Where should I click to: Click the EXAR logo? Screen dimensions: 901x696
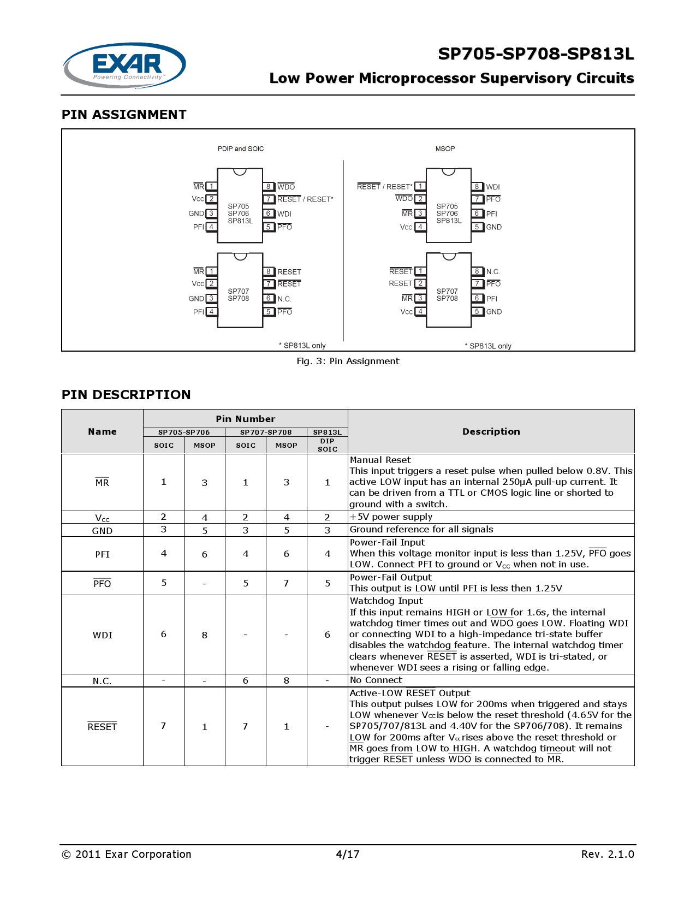[x=124, y=65]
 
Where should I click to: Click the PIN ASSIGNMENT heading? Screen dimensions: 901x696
[x=124, y=115]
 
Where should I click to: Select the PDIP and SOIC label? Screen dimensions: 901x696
[x=241, y=149]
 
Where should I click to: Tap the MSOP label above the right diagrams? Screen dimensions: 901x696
[x=445, y=149]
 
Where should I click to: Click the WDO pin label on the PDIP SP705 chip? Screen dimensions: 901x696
[x=286, y=187]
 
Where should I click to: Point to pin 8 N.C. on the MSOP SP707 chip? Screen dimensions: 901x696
[x=492, y=271]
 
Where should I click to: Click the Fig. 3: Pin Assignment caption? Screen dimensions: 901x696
[x=348, y=361]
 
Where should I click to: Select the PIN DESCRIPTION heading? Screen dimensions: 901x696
[x=126, y=395]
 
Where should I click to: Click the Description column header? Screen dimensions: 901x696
[x=491, y=431]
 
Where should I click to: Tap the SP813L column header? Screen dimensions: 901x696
[x=327, y=432]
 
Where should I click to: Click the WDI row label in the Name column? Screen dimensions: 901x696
[x=102, y=635]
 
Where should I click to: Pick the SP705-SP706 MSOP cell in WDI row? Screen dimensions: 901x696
[x=205, y=635]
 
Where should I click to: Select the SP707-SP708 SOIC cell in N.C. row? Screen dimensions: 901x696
[x=246, y=680]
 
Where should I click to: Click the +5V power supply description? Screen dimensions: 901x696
[x=391, y=517]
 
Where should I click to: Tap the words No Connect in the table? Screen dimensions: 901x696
[x=376, y=680]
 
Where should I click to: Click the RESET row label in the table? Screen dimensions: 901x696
[x=102, y=727]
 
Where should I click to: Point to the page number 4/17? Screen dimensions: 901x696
[x=348, y=854]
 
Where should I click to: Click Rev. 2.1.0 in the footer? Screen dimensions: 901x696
[x=607, y=854]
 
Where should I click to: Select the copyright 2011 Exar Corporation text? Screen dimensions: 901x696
[x=127, y=854]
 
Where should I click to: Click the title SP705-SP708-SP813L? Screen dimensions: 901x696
[x=536, y=54]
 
